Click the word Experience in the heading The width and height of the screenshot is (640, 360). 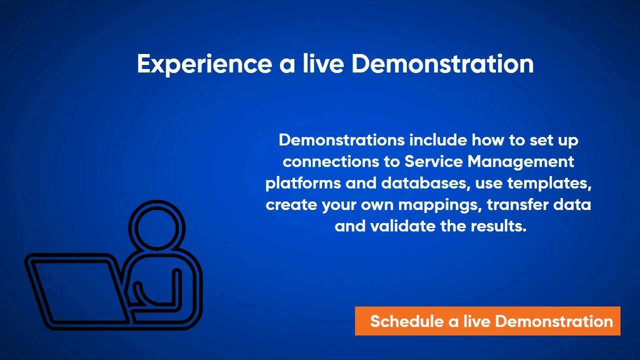click(x=204, y=64)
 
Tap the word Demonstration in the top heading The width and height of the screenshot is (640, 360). click(x=442, y=63)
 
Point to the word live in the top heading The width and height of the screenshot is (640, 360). click(x=323, y=63)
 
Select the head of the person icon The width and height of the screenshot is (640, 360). click(x=156, y=225)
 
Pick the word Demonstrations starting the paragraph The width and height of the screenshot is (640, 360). click(x=341, y=140)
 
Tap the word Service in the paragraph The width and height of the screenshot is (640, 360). click(x=433, y=161)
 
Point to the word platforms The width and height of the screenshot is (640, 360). click(x=303, y=183)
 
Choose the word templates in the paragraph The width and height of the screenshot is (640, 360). click(x=549, y=183)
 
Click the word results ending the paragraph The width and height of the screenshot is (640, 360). click(x=498, y=226)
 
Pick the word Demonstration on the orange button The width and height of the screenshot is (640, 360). click(x=554, y=321)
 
